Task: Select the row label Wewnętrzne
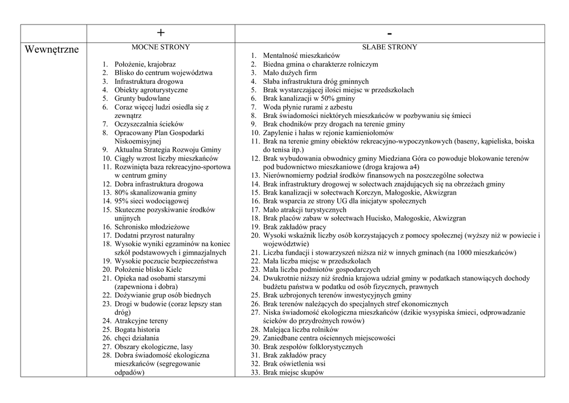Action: pyautogui.click(x=52, y=50)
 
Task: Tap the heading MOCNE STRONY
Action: pyautogui.click(x=161, y=47)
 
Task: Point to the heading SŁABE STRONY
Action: pyautogui.click(x=390, y=47)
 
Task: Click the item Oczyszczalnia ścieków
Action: pyautogui.click(x=149, y=124)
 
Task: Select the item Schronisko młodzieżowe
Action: pyautogui.click(x=152, y=227)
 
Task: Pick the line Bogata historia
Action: pyautogui.click(x=137, y=329)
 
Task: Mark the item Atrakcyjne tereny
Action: pyautogui.click(x=141, y=321)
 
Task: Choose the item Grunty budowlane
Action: pyautogui.click(x=142, y=98)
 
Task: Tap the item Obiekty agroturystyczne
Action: pyautogui.click(x=151, y=89)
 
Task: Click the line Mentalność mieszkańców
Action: pyautogui.click(x=301, y=56)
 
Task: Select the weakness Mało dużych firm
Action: pyautogui.click(x=290, y=73)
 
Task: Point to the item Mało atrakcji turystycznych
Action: pyautogui.click(x=305, y=210)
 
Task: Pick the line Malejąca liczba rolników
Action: pyautogui.click(x=301, y=329)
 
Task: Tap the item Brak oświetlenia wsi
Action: pyautogui.click(x=294, y=364)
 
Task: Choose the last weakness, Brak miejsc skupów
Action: pyautogui.click(x=293, y=372)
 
